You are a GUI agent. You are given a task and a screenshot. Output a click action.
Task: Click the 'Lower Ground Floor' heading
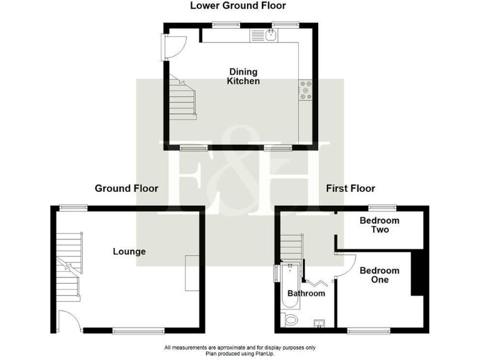pos(237,6)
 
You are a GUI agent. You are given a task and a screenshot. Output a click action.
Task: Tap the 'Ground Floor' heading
pos(126,188)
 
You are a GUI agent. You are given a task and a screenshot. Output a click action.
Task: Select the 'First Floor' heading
pos(350,188)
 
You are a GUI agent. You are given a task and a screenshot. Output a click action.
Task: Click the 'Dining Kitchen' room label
pos(243,76)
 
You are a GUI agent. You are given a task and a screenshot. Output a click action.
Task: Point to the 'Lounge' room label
pos(129,251)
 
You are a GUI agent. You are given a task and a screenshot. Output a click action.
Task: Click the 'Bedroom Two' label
pos(379,225)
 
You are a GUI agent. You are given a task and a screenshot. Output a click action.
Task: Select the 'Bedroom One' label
pos(379,275)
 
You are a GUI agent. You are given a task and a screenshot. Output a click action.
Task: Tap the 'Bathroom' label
pos(306,293)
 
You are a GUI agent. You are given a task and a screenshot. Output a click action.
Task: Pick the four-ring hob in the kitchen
pos(306,91)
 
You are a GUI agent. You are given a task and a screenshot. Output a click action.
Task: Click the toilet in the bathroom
pos(291,321)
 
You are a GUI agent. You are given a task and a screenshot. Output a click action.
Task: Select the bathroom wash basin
pos(319,323)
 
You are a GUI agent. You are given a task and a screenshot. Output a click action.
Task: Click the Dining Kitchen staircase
pos(182,100)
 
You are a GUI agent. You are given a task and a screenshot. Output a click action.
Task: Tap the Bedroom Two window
pos(382,207)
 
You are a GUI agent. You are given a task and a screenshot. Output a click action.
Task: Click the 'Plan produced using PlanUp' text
pos(239,353)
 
